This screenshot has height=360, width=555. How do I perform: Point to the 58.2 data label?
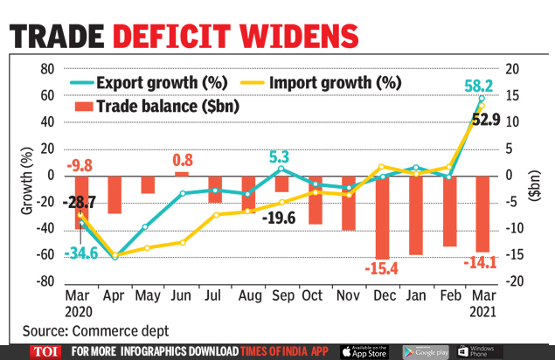[x=480, y=87]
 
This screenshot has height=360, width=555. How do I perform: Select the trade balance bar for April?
[x=114, y=194]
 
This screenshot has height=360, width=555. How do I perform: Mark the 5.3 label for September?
[x=279, y=157]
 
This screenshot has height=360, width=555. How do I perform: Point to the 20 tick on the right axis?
[x=513, y=69]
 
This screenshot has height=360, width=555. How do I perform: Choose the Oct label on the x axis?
[x=313, y=295]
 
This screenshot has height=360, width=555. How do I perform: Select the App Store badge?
[x=364, y=351]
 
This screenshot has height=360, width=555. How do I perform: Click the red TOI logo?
[x=44, y=351]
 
